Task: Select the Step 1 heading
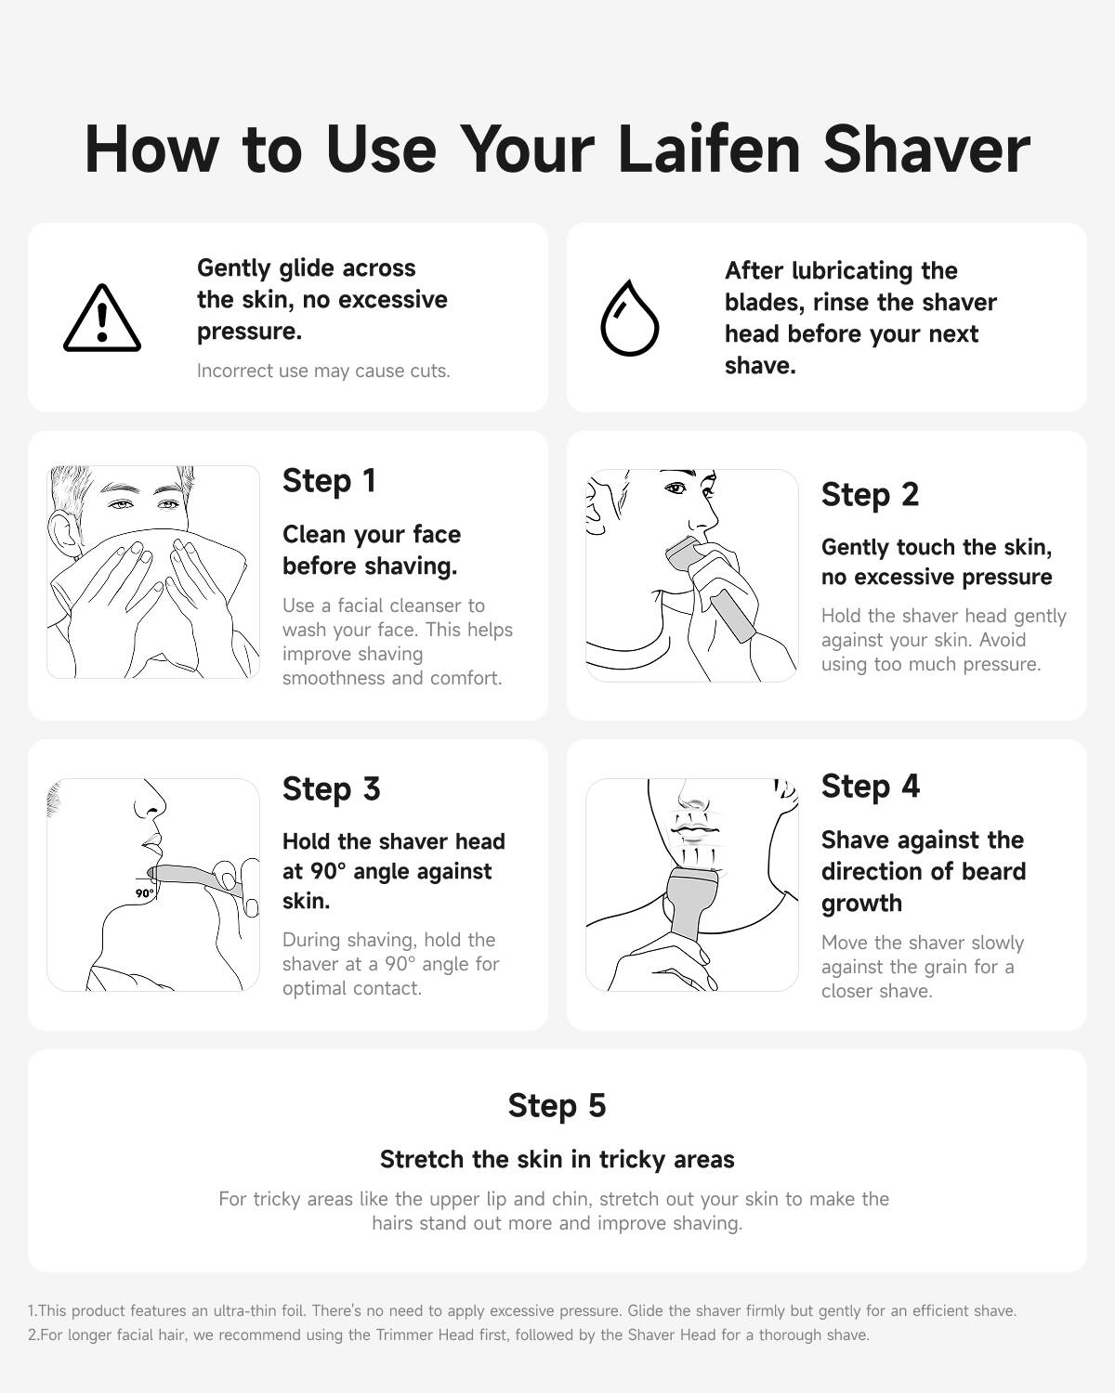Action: pos(329,481)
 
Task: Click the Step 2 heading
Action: pos(870,495)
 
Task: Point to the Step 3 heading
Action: pos(331,789)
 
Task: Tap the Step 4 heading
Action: pos(870,787)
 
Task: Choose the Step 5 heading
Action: pos(557,1106)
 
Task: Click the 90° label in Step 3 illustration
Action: pos(144,893)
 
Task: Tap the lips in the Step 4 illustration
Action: pos(692,829)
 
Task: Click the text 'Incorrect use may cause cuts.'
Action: pos(323,371)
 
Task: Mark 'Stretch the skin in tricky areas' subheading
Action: pos(557,1160)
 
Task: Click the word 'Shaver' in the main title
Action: pos(926,149)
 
